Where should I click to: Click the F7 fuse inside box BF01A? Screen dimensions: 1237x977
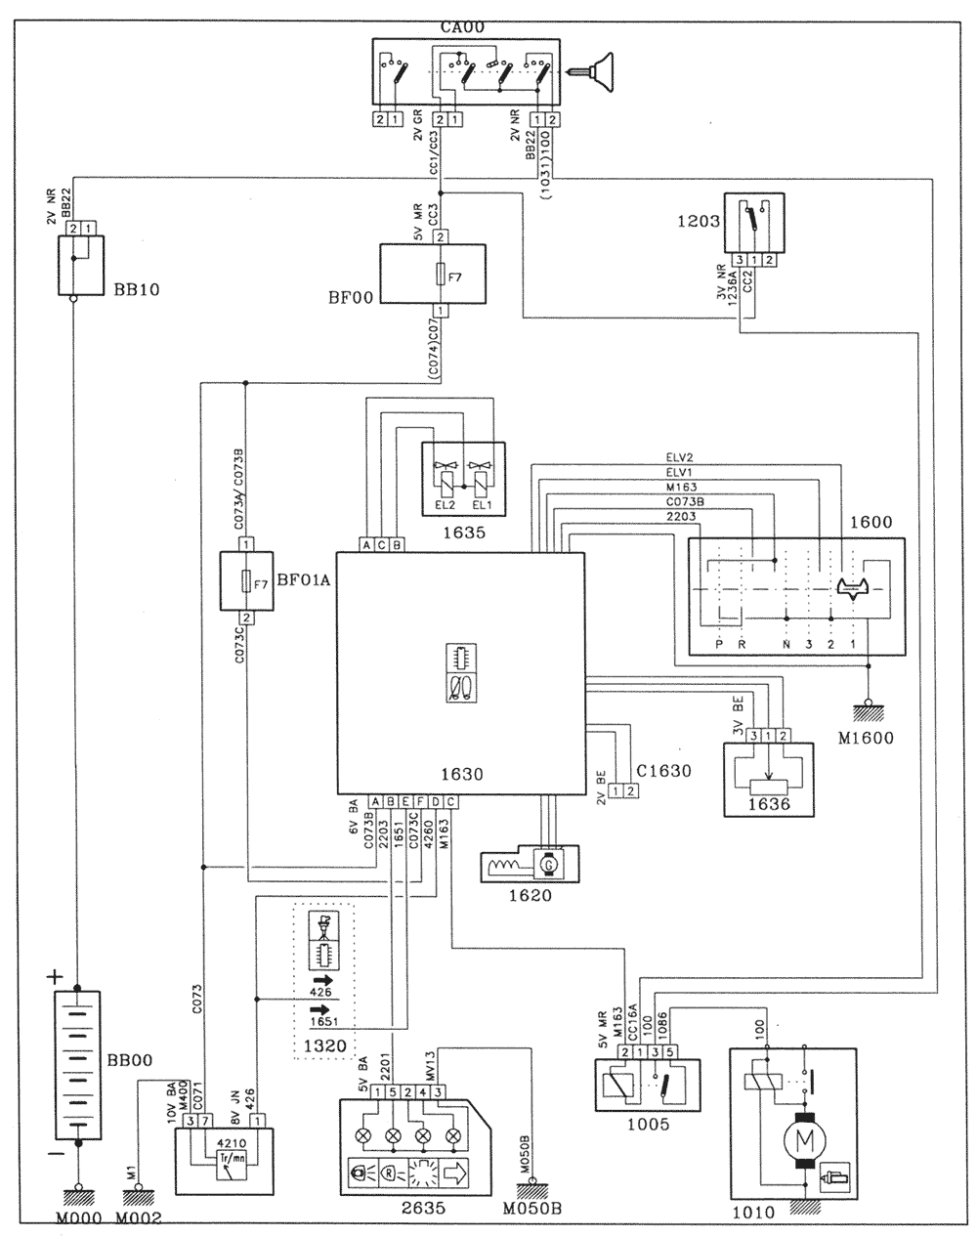tap(246, 584)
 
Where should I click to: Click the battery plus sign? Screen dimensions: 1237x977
tap(56, 976)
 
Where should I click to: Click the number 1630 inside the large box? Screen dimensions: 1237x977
tap(462, 775)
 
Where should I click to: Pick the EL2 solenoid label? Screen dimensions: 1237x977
tap(446, 505)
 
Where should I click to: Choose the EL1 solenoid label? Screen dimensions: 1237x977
tap(482, 505)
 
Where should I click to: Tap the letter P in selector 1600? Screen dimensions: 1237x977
tap(719, 645)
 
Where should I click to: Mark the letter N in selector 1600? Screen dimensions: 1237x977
tap(786, 645)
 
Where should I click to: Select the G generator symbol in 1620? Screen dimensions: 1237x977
tap(548, 864)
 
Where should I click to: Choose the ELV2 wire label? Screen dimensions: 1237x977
tap(675, 455)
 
